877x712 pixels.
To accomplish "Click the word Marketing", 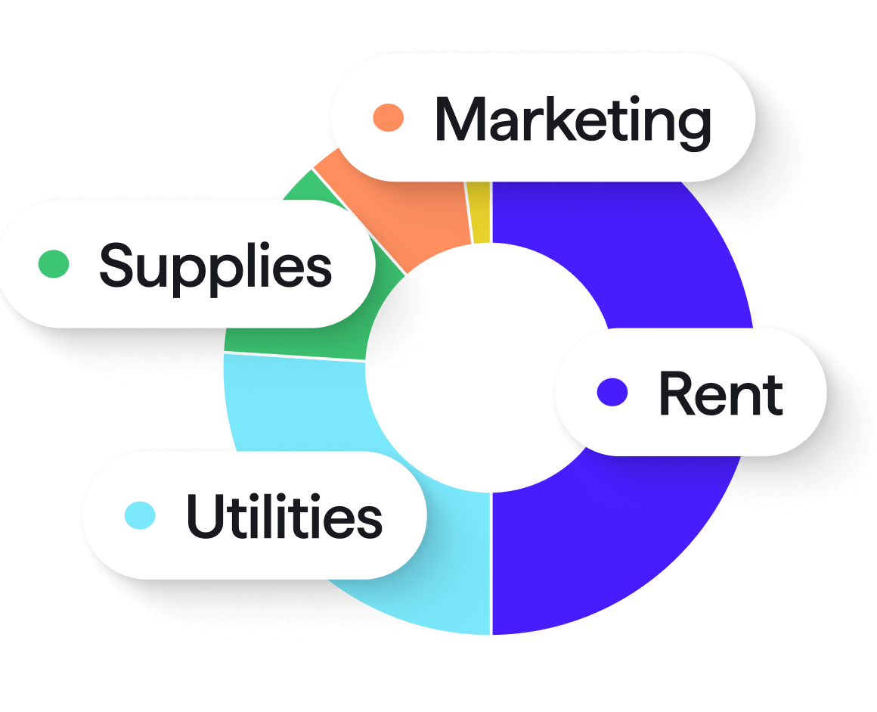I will point(572,121).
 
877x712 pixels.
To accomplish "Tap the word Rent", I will point(721,393).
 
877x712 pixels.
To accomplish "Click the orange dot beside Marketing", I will point(389,117).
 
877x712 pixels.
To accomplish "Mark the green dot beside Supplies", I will point(54,263).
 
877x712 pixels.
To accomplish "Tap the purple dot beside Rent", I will point(612,392).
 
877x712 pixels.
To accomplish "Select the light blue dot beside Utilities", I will point(140,515).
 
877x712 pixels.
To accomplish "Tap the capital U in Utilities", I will point(202,516).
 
